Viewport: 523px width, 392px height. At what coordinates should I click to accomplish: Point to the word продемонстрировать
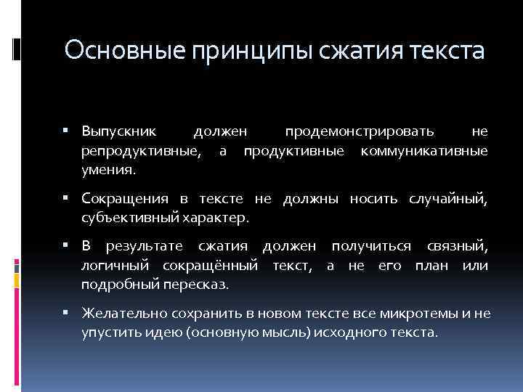point(360,131)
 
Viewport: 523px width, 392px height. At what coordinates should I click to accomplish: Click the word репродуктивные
point(142,150)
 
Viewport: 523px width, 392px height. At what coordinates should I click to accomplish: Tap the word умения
point(108,170)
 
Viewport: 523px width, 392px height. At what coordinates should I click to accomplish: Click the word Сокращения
point(125,199)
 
